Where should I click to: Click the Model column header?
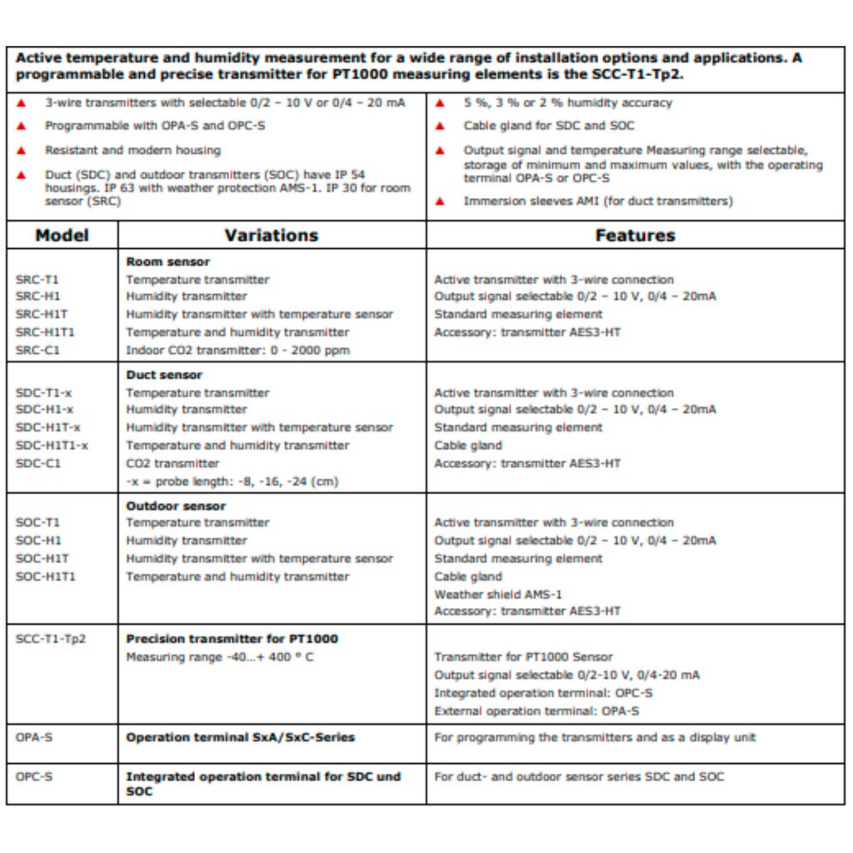pos(62,235)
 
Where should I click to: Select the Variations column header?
pos(272,235)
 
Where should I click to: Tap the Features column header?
pos(635,235)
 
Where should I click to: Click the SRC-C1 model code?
pos(38,351)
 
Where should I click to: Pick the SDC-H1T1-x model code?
pos(52,446)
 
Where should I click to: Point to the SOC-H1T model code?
pos(42,559)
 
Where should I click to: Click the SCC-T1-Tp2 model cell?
pos(51,640)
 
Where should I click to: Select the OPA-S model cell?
pos(34,737)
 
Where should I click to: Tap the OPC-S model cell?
pos(34,776)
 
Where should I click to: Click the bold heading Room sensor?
pos(168,262)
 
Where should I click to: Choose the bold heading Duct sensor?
pos(164,375)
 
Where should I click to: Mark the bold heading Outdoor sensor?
pos(176,506)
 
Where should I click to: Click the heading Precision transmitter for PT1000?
pos(232,639)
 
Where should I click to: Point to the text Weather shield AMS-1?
pos(498,595)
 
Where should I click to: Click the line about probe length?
pos(232,481)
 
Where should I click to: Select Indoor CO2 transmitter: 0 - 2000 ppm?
pos(237,351)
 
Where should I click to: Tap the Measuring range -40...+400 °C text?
pos(220,657)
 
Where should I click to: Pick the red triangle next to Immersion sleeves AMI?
pos(440,202)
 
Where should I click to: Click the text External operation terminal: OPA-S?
pos(537,711)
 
